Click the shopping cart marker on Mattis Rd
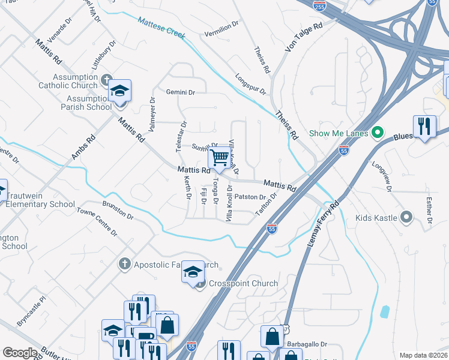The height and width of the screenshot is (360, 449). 220,158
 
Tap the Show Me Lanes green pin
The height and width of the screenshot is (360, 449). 377,133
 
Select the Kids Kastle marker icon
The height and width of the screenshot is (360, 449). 407,217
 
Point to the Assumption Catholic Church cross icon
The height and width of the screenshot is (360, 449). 107,79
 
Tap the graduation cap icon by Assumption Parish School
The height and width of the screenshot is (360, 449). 120,91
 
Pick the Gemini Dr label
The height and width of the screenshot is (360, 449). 181,92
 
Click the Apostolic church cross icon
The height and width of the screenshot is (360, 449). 124,263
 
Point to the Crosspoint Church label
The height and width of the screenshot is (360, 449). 243,283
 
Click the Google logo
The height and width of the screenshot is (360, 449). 20,353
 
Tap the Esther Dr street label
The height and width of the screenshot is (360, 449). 429,212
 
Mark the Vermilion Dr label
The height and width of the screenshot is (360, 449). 223,26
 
